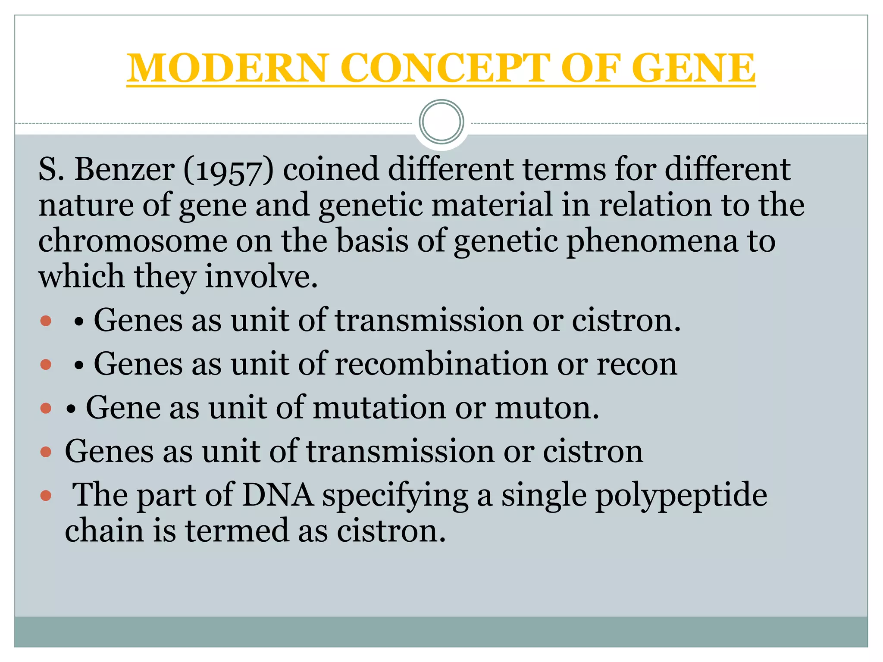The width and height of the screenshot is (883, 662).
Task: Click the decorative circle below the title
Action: click(441, 122)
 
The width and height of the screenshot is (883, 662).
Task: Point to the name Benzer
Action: click(125, 169)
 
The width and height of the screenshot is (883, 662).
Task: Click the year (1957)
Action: click(229, 170)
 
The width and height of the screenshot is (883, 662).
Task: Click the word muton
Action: click(547, 408)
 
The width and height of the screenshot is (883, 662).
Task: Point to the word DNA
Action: click(278, 495)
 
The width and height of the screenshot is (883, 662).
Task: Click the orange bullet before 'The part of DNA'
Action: click(46, 496)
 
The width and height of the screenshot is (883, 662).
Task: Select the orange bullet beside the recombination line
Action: click(46, 365)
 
